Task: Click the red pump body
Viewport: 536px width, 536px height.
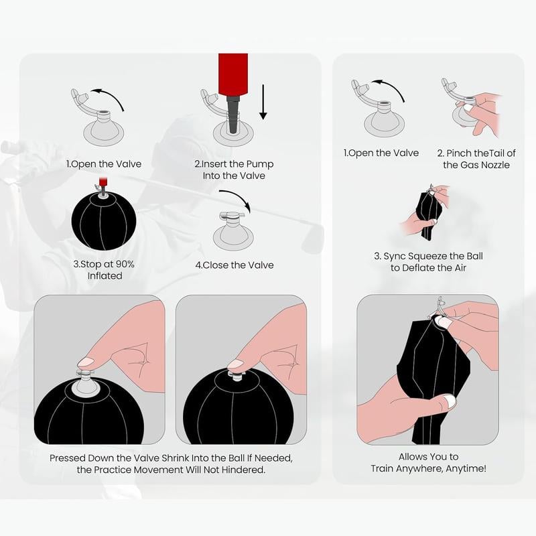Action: (x=233, y=74)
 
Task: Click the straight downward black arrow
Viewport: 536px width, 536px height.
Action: (x=263, y=103)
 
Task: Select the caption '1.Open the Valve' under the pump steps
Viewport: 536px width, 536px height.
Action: (x=104, y=164)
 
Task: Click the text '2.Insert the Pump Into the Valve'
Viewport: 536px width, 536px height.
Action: (x=234, y=170)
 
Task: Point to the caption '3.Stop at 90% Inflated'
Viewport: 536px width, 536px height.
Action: (x=105, y=270)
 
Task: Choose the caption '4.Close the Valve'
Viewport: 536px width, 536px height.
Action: (x=234, y=265)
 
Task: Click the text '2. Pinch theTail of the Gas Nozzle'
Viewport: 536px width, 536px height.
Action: (x=476, y=159)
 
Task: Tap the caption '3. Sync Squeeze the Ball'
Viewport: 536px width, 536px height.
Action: (x=428, y=256)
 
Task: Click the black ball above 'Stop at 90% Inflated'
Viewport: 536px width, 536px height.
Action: (x=104, y=220)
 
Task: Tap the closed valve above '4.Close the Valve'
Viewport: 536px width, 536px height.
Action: (x=233, y=230)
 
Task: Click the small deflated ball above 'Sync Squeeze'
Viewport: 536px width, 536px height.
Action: (x=427, y=214)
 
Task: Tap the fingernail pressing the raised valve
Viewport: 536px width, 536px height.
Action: (x=86, y=362)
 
